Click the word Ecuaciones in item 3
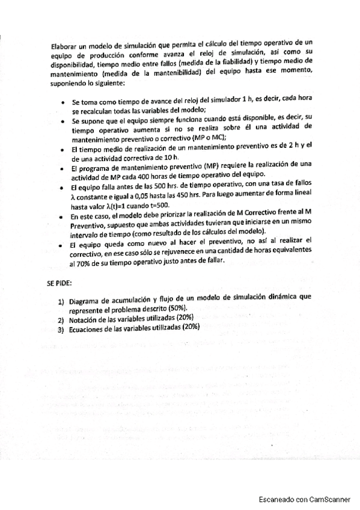[x=89, y=328]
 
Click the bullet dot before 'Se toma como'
[x=63, y=102]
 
